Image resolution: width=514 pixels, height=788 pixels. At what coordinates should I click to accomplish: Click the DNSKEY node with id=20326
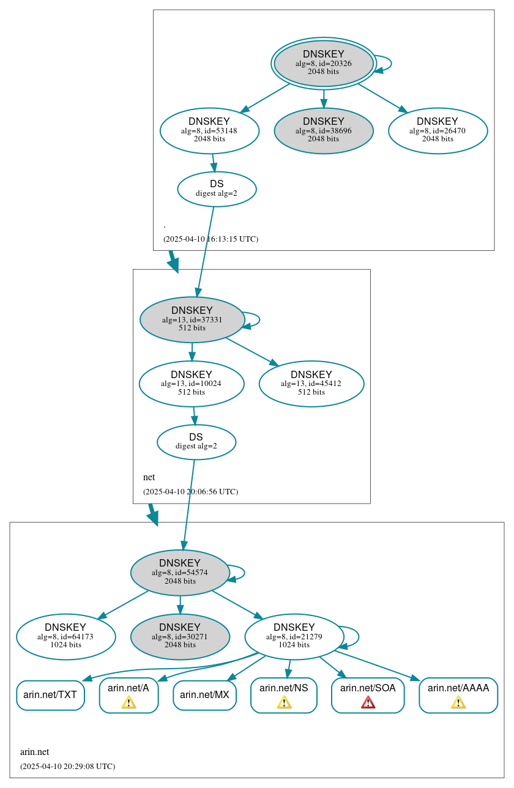coord(323,64)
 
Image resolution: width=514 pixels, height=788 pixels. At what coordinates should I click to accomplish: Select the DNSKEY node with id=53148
coord(209,130)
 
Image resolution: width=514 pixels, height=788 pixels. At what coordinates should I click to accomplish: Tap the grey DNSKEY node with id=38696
coord(323,130)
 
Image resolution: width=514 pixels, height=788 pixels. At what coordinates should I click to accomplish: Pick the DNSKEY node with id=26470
coord(438,130)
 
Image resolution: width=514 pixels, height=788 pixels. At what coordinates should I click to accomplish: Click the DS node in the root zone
coord(217,189)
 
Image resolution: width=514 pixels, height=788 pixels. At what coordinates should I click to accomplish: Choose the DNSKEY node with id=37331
coord(192,319)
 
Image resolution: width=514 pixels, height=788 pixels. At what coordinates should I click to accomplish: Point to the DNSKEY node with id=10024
coord(192,384)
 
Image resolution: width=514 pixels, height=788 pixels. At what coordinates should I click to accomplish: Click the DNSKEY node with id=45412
coord(311,384)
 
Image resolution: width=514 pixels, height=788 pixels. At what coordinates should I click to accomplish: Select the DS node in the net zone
coord(196,442)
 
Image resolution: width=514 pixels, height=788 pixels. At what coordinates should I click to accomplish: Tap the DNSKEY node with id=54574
coord(180,572)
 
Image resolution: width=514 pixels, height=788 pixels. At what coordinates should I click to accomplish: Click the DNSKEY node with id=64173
coord(65,636)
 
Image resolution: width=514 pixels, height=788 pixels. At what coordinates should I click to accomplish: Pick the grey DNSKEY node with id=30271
coord(180,636)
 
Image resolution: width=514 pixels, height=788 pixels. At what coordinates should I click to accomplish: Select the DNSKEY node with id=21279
coord(294,636)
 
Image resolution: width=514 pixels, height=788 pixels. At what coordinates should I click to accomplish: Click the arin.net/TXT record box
coord(50,695)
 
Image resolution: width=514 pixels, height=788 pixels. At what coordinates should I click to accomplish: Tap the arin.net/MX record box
coord(204,695)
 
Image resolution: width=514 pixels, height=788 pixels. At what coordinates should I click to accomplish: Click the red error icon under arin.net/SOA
coord(368,702)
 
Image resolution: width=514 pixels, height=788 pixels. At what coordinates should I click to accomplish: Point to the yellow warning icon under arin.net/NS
coord(284,702)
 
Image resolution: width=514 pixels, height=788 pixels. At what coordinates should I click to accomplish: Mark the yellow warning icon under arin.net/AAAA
coord(458,702)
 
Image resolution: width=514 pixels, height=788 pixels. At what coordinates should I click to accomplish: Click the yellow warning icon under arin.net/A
coord(128,702)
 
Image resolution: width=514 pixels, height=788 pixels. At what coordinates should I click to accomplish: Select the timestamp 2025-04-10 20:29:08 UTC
coord(67,766)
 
